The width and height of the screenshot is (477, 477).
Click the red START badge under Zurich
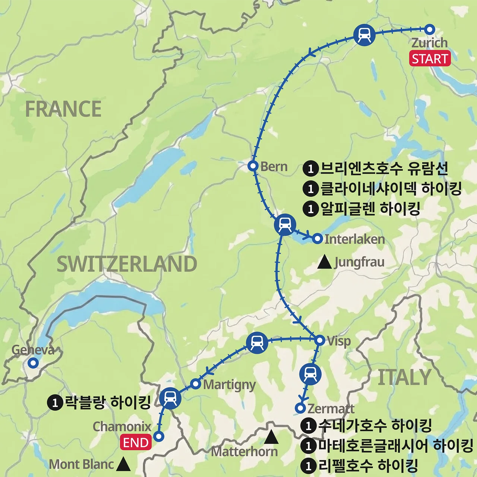tap(430, 59)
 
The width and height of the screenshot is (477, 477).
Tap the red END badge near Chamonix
tap(136, 443)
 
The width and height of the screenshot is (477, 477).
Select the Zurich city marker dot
tap(430, 29)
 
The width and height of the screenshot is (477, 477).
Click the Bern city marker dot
tap(253, 166)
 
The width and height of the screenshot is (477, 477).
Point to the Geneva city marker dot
tap(33, 363)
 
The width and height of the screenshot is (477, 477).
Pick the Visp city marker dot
tap(320, 340)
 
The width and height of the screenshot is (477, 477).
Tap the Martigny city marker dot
tap(196, 384)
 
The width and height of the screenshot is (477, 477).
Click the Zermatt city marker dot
tap(300, 408)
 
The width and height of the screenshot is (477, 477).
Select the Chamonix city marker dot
tap(159, 436)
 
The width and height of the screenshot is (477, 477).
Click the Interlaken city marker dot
tap(317, 238)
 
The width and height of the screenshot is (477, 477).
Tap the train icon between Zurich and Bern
tap(364, 35)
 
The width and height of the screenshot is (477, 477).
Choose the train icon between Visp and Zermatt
tap(310, 374)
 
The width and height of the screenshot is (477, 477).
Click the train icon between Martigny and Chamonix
tap(170, 398)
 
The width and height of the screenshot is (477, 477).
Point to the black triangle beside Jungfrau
tap(324, 262)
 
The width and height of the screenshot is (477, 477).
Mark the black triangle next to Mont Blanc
tap(123, 464)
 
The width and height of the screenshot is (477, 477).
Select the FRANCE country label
tap(63, 109)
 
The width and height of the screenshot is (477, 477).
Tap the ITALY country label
tap(404, 378)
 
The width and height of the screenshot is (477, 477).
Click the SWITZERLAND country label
tap(127, 264)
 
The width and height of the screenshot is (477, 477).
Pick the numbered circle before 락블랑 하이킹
tap(55, 402)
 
